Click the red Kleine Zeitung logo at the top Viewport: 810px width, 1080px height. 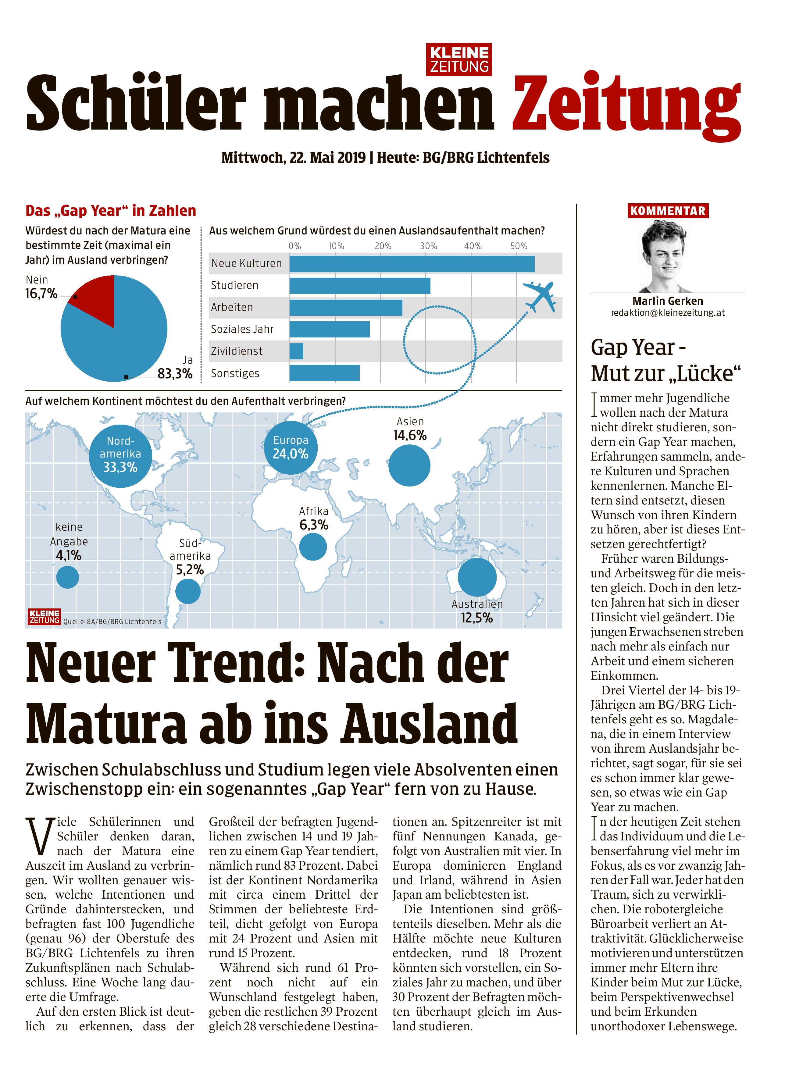point(459,59)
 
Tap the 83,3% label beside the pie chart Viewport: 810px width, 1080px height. point(175,374)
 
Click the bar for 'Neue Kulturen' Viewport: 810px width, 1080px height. point(412,264)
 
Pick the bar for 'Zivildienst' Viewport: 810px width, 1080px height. point(296,351)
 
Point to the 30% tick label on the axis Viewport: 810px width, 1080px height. point(428,246)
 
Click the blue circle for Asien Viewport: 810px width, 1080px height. point(409,465)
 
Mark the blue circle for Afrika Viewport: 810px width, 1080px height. point(312,546)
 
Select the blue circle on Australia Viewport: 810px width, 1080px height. point(477,577)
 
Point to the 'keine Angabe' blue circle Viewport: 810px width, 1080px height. point(67,577)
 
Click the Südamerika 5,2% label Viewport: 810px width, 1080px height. point(190,569)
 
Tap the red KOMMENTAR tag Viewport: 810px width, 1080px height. point(667,211)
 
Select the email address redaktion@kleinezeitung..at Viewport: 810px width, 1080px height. point(667,313)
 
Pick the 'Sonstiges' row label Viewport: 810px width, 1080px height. point(235,373)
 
